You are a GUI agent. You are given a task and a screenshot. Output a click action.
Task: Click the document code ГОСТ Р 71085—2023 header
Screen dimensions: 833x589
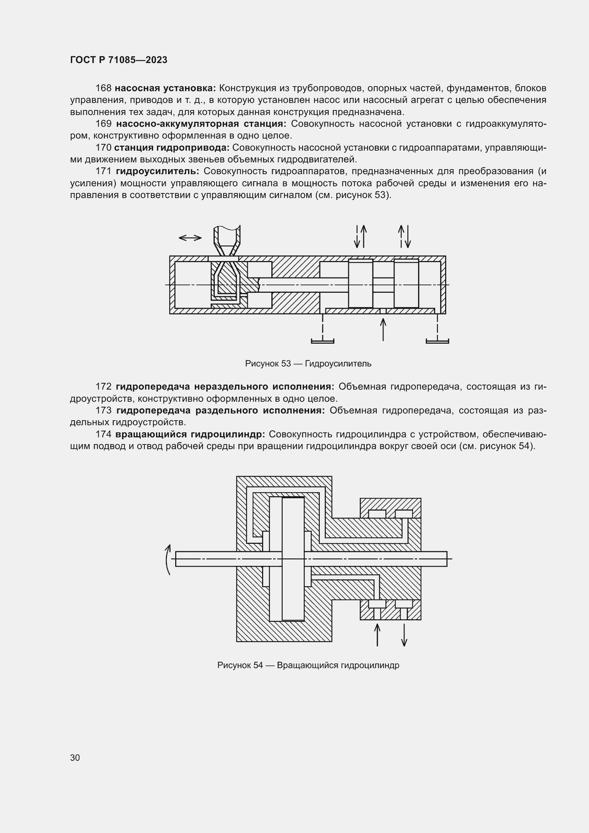[x=119, y=60]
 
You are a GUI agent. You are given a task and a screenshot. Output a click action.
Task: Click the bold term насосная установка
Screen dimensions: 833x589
[x=165, y=88]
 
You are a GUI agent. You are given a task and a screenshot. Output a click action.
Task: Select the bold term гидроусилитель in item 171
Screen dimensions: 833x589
[x=157, y=171]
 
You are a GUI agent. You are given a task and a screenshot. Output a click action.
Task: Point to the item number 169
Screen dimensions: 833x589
[x=103, y=124]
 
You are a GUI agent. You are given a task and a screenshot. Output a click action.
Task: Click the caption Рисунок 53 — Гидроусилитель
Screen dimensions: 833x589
[x=308, y=363]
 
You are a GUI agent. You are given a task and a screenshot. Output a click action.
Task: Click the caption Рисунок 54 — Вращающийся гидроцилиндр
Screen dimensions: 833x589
[x=308, y=665]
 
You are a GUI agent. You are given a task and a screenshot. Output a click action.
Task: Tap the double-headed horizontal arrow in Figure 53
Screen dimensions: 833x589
[x=190, y=238]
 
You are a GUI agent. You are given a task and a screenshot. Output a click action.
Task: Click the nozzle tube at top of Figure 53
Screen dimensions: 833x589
[x=227, y=238]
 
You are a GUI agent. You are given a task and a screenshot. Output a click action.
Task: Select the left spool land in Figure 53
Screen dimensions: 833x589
[x=360, y=284]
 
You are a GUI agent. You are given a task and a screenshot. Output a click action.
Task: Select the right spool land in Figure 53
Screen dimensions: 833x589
[x=406, y=284]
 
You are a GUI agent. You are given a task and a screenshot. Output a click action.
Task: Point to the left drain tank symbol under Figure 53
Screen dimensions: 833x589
[x=322, y=341]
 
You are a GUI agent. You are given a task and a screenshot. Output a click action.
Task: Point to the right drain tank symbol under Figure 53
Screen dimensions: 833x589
[x=437, y=341]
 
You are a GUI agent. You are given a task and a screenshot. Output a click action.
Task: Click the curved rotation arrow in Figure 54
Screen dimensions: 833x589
[x=168, y=559]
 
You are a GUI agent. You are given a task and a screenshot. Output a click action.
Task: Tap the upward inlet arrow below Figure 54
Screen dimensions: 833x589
[x=377, y=635]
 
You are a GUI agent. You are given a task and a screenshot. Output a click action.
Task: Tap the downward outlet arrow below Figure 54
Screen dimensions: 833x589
[x=404, y=635]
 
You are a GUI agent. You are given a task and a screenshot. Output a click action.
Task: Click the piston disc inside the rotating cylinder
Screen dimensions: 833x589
[x=293, y=559]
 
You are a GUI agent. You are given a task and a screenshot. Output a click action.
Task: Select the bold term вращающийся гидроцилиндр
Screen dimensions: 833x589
[x=190, y=434]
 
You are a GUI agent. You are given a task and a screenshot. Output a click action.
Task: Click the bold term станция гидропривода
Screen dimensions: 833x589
[x=172, y=148]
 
